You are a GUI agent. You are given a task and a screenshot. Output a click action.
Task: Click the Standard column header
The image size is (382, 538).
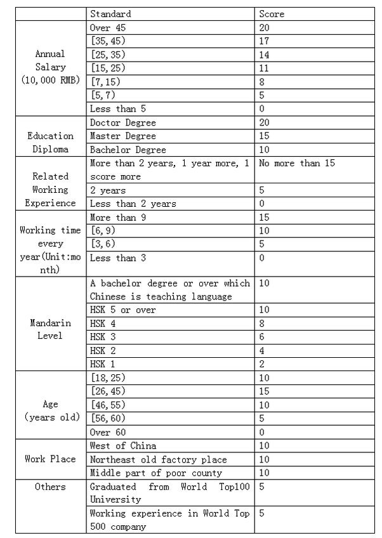pyautogui.click(x=111, y=13)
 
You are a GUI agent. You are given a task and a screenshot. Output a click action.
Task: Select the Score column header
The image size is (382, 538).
pyautogui.click(x=272, y=13)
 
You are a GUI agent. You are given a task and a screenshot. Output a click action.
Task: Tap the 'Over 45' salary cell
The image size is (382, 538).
pyautogui.click(x=110, y=27)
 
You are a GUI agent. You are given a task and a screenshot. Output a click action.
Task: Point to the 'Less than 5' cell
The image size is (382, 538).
pyautogui.click(x=118, y=108)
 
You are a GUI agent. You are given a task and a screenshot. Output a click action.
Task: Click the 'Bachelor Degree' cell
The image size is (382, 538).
pyautogui.click(x=128, y=150)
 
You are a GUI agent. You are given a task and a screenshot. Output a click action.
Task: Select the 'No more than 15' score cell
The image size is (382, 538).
pyautogui.click(x=297, y=163)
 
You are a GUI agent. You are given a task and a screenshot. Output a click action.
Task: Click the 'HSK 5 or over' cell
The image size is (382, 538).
pyautogui.click(x=123, y=310)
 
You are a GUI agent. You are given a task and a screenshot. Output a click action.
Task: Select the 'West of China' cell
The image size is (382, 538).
pyautogui.click(x=123, y=445)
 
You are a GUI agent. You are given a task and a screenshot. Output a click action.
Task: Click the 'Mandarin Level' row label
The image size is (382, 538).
pyautogui.click(x=50, y=329)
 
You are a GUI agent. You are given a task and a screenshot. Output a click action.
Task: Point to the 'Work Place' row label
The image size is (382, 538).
pyautogui.click(x=50, y=459)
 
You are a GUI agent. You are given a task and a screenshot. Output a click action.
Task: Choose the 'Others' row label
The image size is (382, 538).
pyautogui.click(x=50, y=487)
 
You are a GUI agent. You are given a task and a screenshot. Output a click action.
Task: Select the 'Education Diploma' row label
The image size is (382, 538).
pyautogui.click(x=50, y=143)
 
